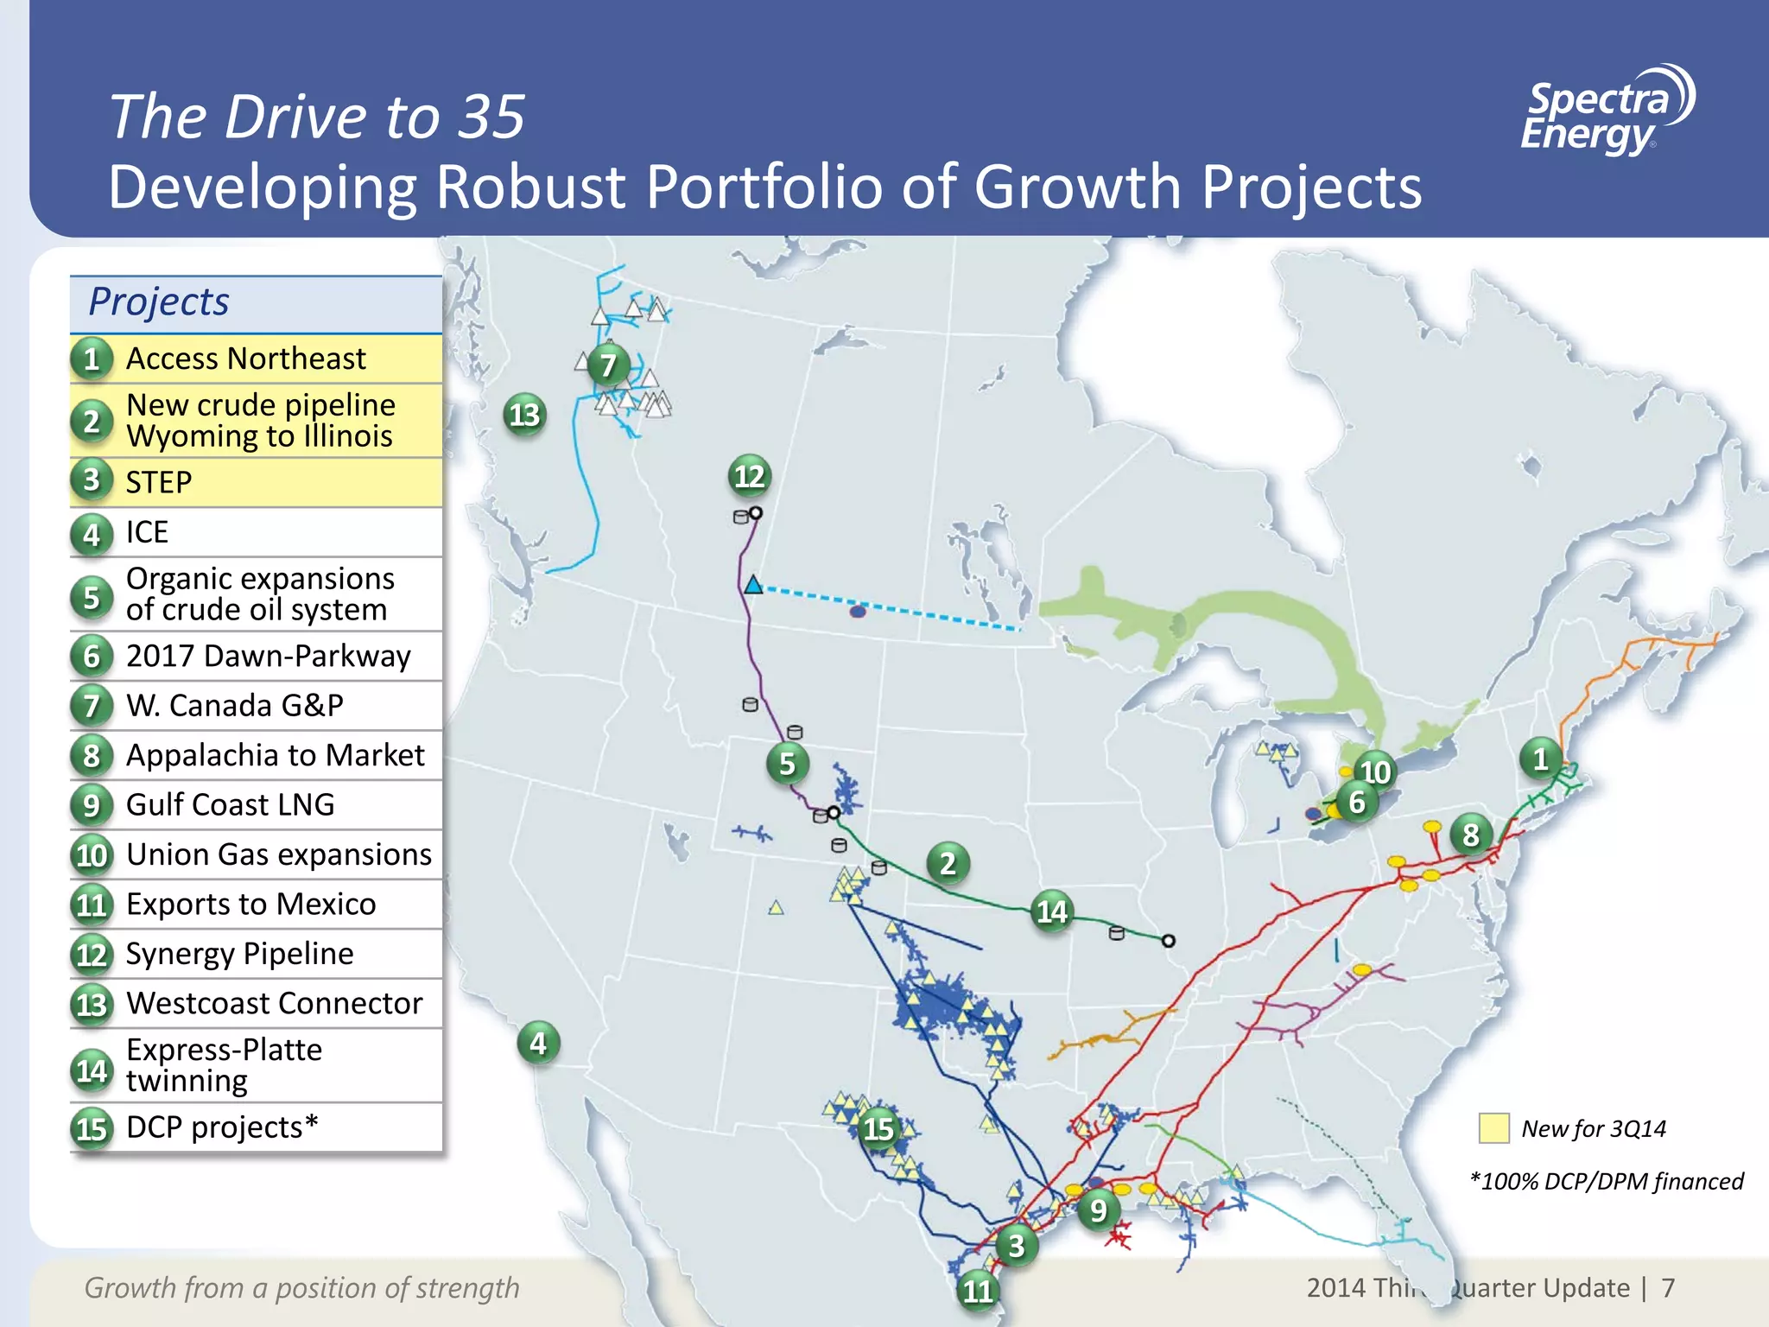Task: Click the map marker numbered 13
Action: [524, 416]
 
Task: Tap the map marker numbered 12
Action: [749, 476]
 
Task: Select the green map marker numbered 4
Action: [538, 1044]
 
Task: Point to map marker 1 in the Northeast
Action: [1540, 759]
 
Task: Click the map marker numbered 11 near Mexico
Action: [978, 1291]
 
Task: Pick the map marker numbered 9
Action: [1098, 1210]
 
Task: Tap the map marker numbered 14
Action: [1052, 911]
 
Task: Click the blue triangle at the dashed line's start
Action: [753, 585]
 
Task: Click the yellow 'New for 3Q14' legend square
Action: [1493, 1128]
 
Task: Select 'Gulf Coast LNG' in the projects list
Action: [230, 805]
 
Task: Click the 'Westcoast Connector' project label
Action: [274, 1004]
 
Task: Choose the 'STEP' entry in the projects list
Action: [159, 482]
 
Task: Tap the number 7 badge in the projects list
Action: [92, 706]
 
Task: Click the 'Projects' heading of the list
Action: [159, 302]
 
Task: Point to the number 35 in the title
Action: [491, 117]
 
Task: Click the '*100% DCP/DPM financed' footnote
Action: [1607, 1181]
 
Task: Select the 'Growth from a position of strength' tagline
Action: [301, 1288]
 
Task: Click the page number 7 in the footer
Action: [1668, 1288]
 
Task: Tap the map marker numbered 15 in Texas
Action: [878, 1128]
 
